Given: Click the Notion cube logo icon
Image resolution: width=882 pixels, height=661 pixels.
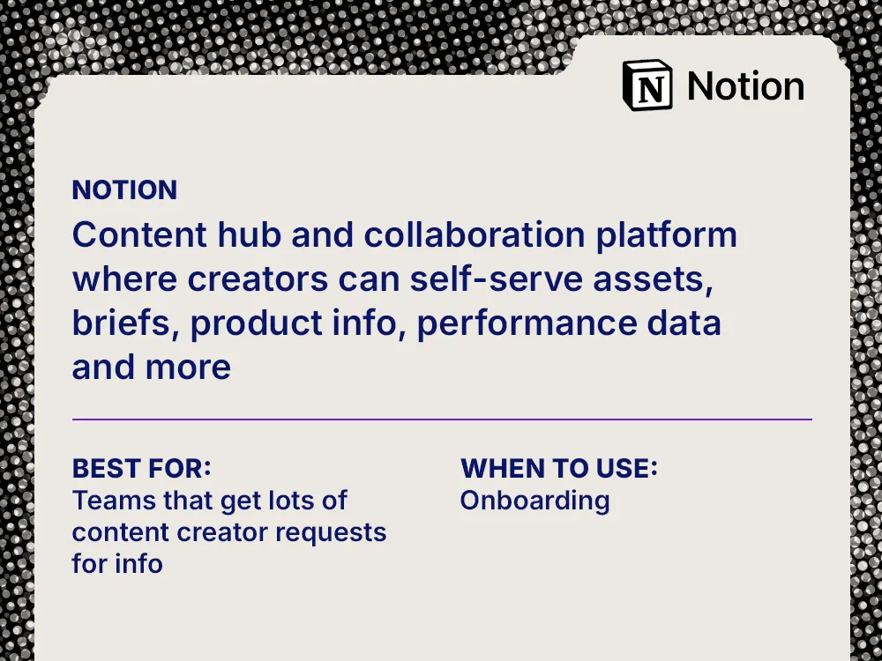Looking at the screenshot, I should tap(647, 85).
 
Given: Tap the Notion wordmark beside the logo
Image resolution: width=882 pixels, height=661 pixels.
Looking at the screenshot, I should tap(745, 86).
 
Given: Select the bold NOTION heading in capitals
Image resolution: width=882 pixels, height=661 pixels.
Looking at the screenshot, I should tap(124, 189).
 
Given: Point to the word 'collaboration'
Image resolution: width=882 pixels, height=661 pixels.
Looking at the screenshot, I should tap(475, 235).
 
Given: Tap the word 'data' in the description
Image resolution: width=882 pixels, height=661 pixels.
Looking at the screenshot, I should tap(685, 323).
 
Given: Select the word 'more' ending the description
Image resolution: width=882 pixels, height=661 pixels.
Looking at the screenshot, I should tap(190, 367).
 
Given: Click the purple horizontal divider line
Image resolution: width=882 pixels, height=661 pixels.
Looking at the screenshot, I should tap(441, 420).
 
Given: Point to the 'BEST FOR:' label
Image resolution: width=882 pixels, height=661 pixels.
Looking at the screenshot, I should tap(141, 467).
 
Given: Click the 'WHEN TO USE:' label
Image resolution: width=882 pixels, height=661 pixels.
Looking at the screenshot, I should tap(559, 468).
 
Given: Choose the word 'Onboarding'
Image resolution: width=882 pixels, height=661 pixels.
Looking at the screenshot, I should tap(534, 501).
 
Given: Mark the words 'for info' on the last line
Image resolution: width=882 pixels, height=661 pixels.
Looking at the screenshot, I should tap(117, 563).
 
